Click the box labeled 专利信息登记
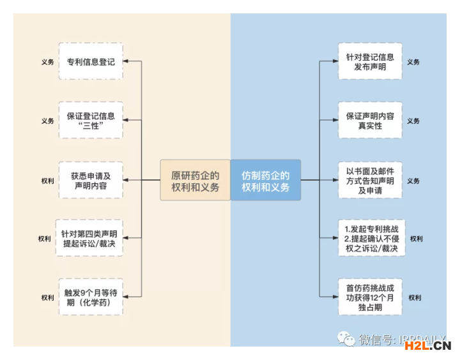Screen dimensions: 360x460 [x=90, y=62]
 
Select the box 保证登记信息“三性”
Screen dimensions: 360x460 [x=90, y=121]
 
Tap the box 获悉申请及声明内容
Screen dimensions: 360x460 [x=90, y=180]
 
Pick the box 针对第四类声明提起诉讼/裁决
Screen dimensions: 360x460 [x=90, y=238]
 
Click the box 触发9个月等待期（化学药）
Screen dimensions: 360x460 [x=90, y=297]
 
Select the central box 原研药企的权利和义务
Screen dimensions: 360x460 [x=195, y=181]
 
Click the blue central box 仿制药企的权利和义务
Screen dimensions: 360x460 [x=265, y=181]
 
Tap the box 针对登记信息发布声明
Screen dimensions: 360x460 [x=370, y=62]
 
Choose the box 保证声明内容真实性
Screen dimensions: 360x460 [x=370, y=121]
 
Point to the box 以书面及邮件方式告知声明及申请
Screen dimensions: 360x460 [x=370, y=180]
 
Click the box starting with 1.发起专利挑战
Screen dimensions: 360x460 [x=370, y=238]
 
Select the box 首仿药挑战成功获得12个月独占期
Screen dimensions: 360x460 [x=370, y=297]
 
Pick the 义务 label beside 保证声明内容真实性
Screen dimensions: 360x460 [x=413, y=121]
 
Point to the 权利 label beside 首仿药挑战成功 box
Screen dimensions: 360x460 [x=415, y=297]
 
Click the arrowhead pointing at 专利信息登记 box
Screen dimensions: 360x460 [x=126, y=62]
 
